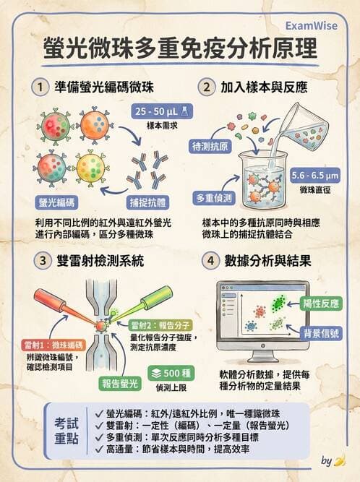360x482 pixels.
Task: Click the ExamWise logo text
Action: pyautogui.click(x=319, y=22)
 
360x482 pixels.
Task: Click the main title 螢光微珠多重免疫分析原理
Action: pyautogui.click(x=180, y=51)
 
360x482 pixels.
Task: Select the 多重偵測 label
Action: pyautogui.click(x=215, y=197)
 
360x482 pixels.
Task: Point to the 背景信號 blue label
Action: pyautogui.click(x=321, y=332)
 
